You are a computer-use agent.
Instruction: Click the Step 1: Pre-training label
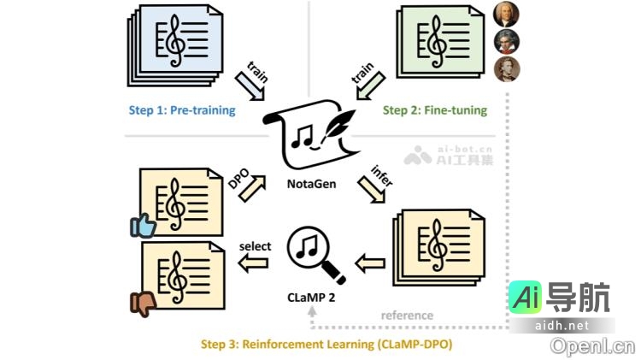click(182, 110)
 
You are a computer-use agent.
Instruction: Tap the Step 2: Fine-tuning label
click(434, 110)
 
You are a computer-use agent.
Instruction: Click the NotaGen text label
click(311, 184)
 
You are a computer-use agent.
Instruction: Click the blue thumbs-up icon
click(144, 225)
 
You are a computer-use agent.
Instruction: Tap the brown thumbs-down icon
click(143, 303)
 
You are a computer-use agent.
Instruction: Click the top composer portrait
click(506, 15)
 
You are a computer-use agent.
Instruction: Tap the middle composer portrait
click(506, 41)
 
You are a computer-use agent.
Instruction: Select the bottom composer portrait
click(506, 68)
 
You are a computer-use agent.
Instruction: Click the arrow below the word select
click(254, 265)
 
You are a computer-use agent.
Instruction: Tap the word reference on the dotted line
click(407, 316)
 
